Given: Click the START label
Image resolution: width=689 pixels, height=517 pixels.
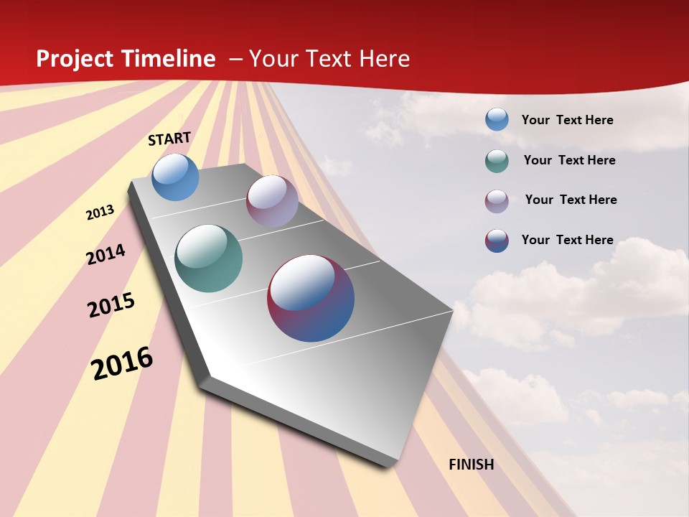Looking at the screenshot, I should coord(169,138).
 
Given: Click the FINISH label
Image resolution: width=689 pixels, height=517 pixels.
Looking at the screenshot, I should coord(472,465).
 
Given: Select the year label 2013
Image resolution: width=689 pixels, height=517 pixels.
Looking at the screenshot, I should coord(100,213).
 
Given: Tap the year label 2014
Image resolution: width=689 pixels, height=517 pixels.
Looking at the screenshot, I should coord(106,254).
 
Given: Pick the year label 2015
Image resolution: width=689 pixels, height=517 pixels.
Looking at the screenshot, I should coord(111,305).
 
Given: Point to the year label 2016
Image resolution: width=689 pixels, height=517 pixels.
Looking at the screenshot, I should coord(123,363).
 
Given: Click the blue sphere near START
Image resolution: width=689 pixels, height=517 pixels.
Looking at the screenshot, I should coord(175,177).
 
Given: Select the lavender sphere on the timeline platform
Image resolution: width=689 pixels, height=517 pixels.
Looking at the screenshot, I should coord(272,201).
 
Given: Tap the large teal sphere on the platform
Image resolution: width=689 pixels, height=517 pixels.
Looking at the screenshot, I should coord(208,258).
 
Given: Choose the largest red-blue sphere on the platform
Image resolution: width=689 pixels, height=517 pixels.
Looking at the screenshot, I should coord(311,298).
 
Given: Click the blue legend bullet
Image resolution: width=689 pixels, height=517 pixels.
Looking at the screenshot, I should coord(497,120).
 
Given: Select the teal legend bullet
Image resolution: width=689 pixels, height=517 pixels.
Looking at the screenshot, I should coord(497,161).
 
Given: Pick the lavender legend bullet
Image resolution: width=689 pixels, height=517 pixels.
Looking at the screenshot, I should coord(497,201).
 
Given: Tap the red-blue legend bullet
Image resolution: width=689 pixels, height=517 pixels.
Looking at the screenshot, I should coord(497,241).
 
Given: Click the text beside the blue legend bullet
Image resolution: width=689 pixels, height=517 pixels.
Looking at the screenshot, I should coord(567,120).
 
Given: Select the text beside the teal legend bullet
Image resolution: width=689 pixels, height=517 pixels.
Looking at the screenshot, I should coord(569,160).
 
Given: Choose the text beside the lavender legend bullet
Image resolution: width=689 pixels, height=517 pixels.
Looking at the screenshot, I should coord(571,200).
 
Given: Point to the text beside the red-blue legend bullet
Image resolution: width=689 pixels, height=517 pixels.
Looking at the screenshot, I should coord(567,240).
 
